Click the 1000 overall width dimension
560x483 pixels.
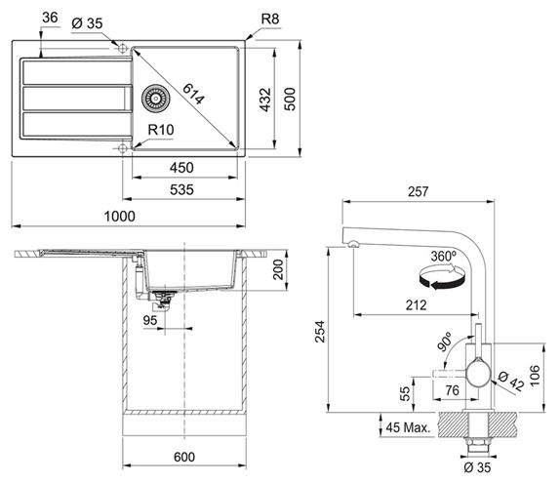coord(120,217)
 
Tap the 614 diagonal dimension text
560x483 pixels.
coord(193,94)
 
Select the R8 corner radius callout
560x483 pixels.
coord(270,19)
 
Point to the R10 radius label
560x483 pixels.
coord(161,130)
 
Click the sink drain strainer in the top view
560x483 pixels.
coord(156,99)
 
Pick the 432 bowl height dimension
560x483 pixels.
coord(265,100)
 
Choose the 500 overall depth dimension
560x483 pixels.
coord(290,99)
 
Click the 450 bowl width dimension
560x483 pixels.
coord(181,168)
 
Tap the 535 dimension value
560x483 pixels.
coord(181,189)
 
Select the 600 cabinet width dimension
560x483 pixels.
coord(184,457)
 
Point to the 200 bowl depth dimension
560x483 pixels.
coord(277,269)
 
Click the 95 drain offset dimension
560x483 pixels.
coord(150,320)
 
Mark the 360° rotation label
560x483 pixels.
coord(444,257)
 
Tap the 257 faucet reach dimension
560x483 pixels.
coord(419,192)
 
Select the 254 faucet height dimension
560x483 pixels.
coord(320,332)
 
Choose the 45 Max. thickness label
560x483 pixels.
coord(408,427)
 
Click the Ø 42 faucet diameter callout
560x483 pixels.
coord(510,382)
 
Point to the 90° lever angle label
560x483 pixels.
coord(445,342)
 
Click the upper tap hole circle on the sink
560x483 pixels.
coord(123,48)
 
